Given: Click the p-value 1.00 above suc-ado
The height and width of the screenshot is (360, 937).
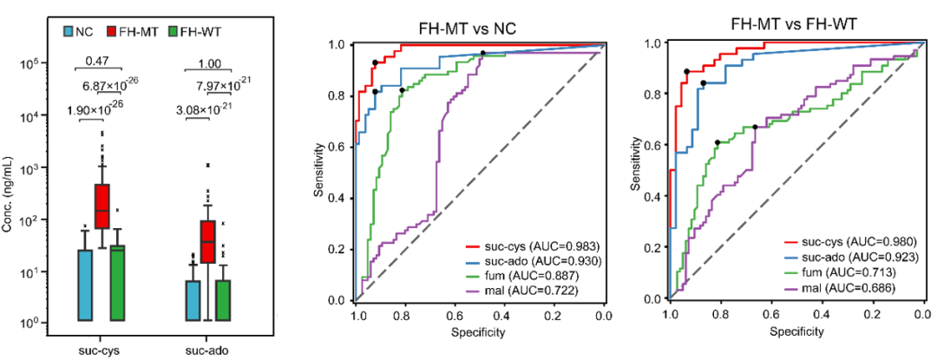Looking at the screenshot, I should pos(209,62).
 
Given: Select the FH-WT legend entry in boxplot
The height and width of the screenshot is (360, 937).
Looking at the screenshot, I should pos(197,32).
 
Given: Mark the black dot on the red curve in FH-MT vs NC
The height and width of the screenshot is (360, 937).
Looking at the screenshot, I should pos(375,62).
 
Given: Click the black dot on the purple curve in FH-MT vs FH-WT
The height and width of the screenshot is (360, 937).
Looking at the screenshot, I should pos(755,128).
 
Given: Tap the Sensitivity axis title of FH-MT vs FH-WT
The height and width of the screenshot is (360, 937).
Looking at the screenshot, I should pos(638,169).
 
